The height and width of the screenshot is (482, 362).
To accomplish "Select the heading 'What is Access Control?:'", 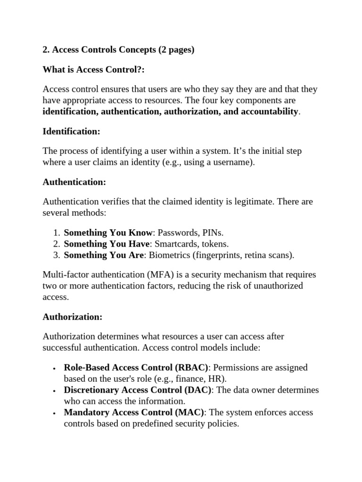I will point(94,70).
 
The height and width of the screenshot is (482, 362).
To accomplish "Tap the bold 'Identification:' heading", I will point(71,131).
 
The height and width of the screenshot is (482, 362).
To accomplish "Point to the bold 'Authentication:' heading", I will point(74,182).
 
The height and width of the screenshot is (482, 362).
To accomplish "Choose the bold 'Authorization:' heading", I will point(72,317).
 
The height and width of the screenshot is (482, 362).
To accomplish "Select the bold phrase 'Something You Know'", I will point(108,233).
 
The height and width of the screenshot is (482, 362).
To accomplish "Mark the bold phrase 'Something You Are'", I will point(104,255).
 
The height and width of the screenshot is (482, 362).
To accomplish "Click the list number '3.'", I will point(56,255).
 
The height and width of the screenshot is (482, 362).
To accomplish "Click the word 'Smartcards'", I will point(178,244).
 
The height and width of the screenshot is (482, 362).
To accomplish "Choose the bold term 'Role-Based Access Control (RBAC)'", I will point(136,367).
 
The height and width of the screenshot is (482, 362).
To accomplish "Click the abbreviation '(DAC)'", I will point(198,390).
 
